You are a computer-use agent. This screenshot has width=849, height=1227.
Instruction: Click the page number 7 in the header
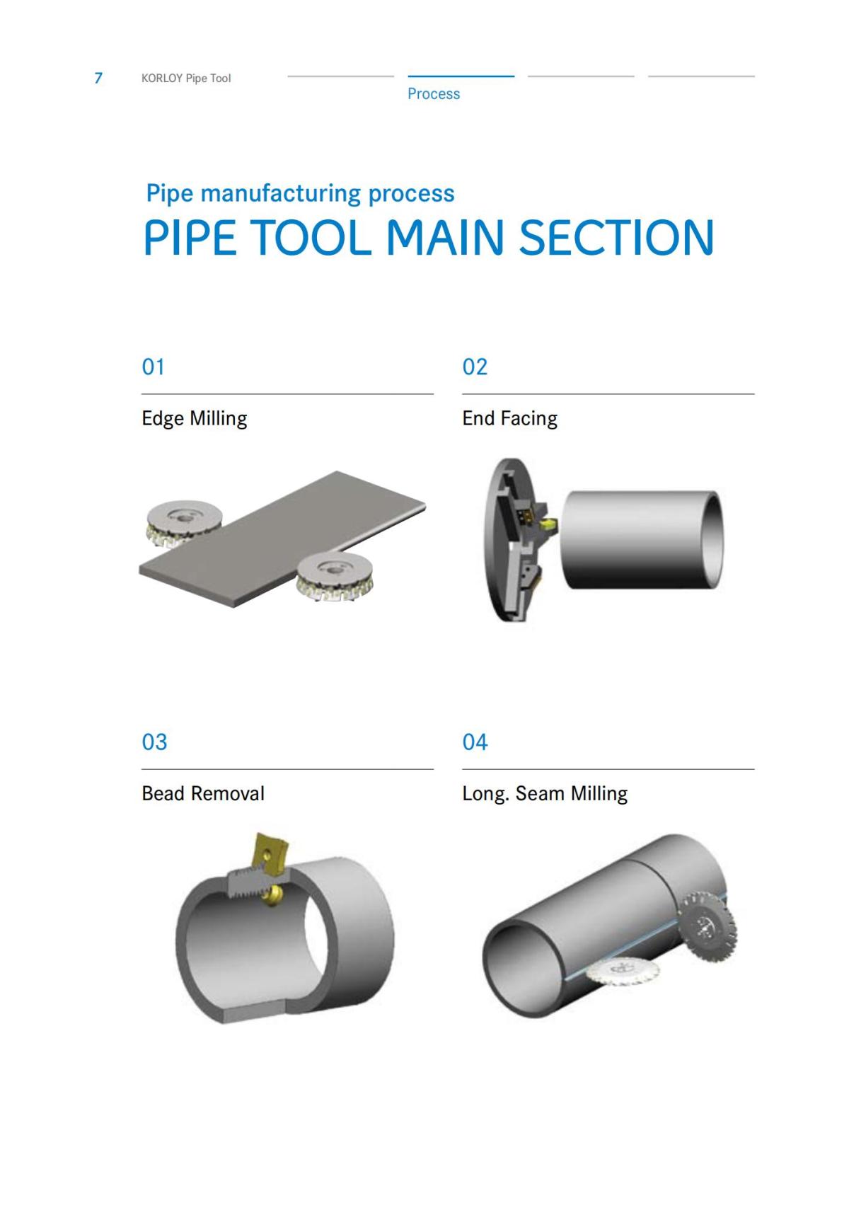click(98, 78)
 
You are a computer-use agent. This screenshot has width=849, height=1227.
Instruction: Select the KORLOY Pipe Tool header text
click(186, 79)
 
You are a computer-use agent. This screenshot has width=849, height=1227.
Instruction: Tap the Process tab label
click(434, 93)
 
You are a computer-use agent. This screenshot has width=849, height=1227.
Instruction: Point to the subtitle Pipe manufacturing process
click(300, 193)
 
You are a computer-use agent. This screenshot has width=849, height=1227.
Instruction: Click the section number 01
click(154, 367)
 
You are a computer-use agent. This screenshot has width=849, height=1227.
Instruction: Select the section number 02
click(475, 367)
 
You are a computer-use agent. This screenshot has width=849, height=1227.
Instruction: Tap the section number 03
click(154, 742)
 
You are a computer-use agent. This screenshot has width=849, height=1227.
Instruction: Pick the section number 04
click(475, 742)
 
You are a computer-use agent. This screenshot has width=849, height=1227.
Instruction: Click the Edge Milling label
click(195, 419)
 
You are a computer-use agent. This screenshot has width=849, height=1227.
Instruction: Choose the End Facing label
click(509, 419)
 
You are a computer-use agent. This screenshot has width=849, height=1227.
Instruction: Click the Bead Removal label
click(203, 793)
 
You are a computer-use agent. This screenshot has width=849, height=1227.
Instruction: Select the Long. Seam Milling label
click(545, 794)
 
